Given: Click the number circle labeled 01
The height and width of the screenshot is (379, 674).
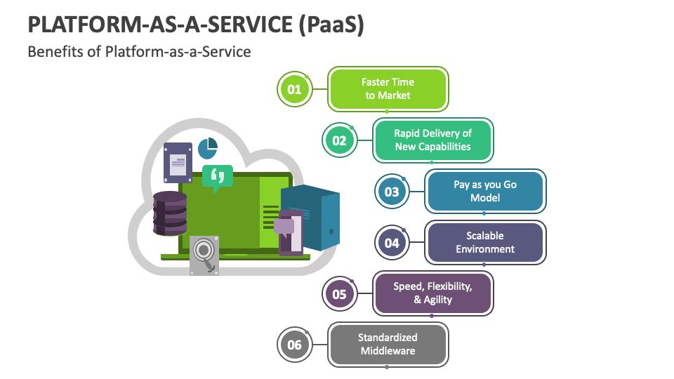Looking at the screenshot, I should point(294,89).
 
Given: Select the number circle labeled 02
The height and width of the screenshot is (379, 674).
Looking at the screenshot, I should point(339,140).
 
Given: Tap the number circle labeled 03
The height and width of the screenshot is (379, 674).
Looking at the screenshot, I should point(391,192).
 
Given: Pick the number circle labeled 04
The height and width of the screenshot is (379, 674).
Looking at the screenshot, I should point(391,243).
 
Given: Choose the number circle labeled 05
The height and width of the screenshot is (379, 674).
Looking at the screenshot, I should point(339,294).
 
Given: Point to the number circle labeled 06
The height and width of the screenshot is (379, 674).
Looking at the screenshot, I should point(294,345).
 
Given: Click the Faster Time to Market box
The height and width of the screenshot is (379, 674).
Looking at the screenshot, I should point(388,89).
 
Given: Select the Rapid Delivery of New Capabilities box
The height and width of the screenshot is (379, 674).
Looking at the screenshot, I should point(432,140).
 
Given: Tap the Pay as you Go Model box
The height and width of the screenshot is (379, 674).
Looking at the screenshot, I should point(485,192).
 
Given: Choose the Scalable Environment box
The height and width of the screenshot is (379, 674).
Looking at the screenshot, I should point(485,243).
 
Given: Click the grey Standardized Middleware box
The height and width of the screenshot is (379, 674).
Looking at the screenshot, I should point(388,345).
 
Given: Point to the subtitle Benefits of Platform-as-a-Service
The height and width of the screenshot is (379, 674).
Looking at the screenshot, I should point(139,52).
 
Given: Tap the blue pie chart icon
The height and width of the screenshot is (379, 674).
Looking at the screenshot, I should point(208,148).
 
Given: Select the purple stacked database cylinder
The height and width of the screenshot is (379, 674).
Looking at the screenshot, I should point(170,213).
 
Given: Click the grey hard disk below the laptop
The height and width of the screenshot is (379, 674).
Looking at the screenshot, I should point(204,254).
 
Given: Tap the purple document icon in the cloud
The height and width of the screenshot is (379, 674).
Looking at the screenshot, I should point(178,162).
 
